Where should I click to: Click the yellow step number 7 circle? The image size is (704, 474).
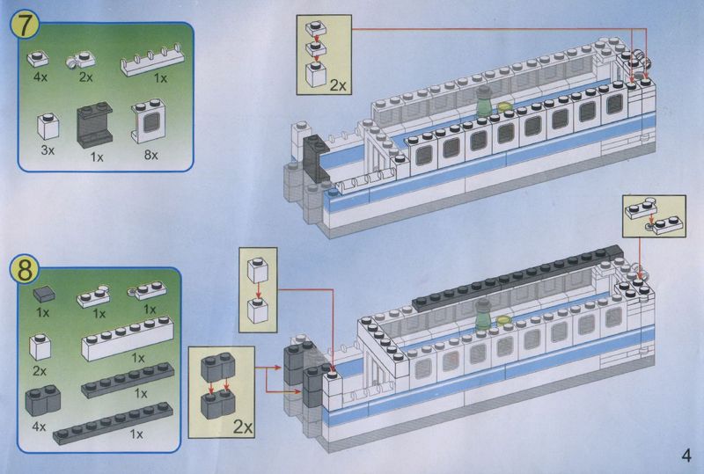(x=25, y=25)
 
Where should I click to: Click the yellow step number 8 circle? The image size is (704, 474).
(x=25, y=269)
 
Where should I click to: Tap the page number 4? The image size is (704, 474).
(x=686, y=456)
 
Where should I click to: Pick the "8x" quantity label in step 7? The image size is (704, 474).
(x=150, y=156)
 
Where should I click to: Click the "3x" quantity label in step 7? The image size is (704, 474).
(x=48, y=150)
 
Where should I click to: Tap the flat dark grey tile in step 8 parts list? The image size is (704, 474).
(x=44, y=295)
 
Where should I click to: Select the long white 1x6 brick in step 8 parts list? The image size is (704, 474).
(x=128, y=338)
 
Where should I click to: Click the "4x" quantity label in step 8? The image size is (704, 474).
(x=39, y=426)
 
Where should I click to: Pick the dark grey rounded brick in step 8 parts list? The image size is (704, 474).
(x=42, y=400)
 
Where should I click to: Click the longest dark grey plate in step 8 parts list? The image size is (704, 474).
(x=113, y=424)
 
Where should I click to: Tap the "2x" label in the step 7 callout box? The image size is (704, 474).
(x=338, y=84)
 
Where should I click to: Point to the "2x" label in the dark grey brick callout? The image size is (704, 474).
(x=243, y=427)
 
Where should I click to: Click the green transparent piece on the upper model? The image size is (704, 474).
(x=483, y=102)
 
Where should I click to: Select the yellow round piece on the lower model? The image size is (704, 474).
(x=503, y=319)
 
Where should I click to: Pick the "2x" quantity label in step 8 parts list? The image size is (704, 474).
(x=40, y=371)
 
